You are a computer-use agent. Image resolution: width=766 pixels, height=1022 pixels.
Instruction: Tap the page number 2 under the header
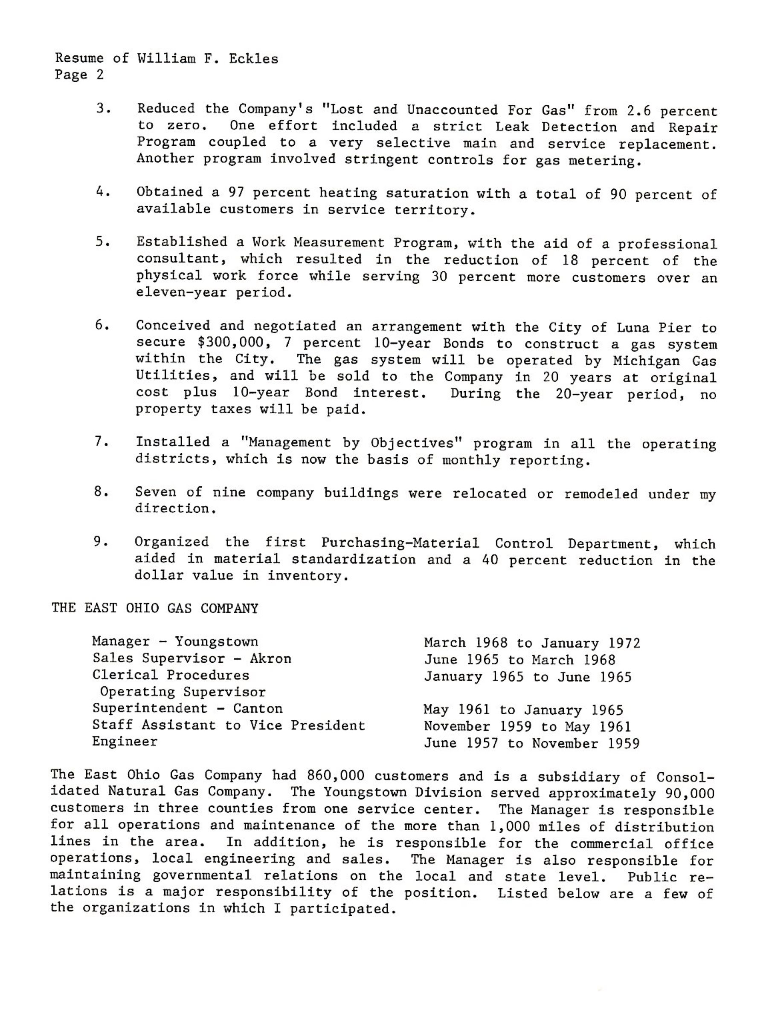pos(100,75)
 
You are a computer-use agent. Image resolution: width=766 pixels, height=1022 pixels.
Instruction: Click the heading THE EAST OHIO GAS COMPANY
pos(155,608)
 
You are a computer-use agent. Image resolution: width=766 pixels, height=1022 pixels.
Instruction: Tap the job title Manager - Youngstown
pos(175,641)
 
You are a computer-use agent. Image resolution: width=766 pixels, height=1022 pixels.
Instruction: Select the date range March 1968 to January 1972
pos(531,643)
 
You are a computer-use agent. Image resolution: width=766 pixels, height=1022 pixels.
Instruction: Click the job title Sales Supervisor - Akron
pos(192,658)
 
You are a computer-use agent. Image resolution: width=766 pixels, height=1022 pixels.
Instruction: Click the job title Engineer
pos(125,741)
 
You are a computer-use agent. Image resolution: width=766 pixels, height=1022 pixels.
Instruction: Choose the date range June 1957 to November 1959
pos(531,743)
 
